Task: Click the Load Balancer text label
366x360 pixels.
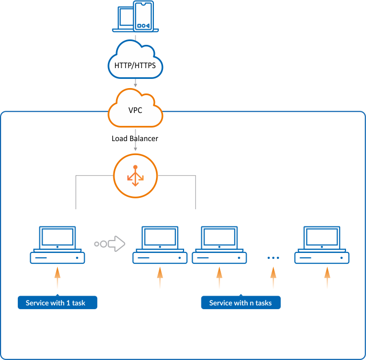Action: pos(135,138)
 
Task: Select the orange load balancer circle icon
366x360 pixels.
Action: pos(135,176)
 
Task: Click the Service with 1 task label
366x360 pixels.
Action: pos(58,303)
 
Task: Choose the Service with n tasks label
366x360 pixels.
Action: pos(241,303)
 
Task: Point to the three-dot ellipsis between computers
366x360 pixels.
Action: pos(273,258)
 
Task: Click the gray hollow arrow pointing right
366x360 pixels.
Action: pos(117,244)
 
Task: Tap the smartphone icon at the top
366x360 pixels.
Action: pos(143,16)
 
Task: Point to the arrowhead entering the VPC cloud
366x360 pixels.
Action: pos(135,85)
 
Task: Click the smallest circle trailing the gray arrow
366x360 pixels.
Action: pos(97,244)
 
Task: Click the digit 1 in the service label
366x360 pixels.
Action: pos(69,303)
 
